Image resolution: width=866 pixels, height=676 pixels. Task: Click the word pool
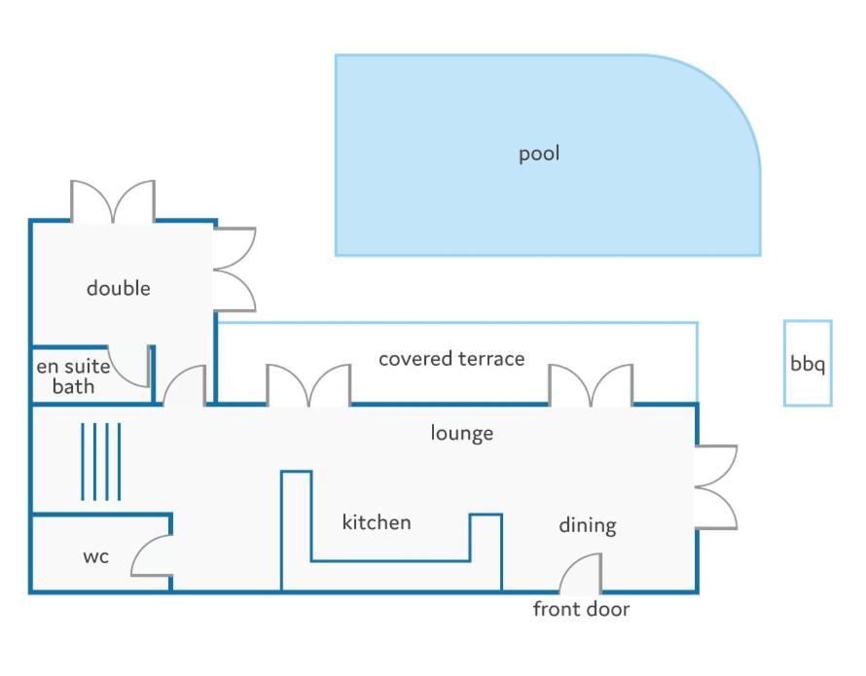[539, 154]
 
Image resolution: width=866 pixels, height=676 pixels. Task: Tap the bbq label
[808, 364]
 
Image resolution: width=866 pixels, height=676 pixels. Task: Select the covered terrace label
[451, 359]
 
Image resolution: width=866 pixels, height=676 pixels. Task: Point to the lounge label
[462, 433]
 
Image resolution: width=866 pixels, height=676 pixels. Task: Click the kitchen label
[377, 522]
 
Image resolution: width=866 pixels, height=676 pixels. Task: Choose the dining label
[588, 525]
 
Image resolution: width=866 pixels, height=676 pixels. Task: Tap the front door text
[581, 609]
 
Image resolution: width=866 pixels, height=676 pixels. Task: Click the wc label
[95, 556]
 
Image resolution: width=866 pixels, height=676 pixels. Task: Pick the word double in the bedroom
[118, 288]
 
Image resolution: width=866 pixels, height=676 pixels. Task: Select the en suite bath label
[73, 376]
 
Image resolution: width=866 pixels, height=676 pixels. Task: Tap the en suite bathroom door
[119, 375]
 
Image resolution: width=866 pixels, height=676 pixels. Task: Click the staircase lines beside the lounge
[100, 462]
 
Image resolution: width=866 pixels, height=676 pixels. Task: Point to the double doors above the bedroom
[113, 201]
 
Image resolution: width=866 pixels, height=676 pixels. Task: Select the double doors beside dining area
[716, 487]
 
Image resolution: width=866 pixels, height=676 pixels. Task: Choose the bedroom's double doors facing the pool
[235, 269]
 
